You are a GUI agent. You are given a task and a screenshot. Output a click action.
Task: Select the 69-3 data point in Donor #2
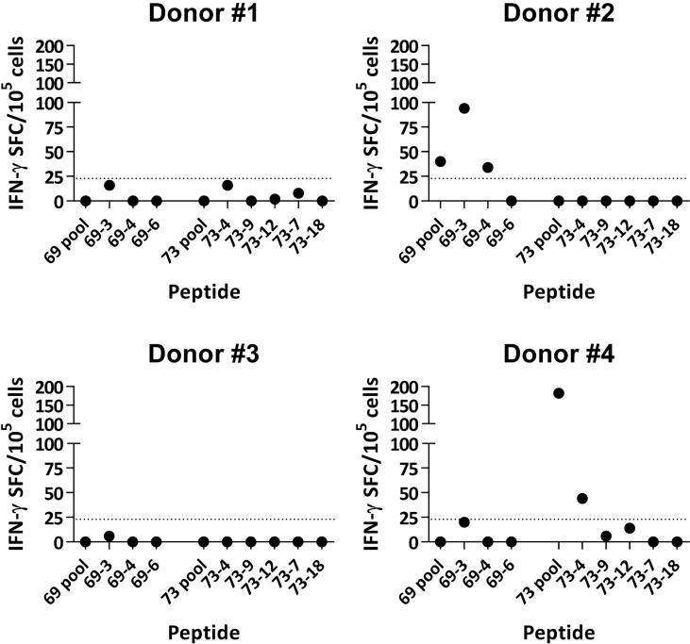point(463,108)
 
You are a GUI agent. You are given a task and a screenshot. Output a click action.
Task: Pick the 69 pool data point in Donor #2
point(440,161)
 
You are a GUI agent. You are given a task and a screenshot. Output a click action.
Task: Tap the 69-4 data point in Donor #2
point(487,168)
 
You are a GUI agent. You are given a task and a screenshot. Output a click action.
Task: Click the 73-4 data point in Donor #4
point(582,499)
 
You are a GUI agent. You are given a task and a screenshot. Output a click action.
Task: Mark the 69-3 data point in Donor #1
point(109,186)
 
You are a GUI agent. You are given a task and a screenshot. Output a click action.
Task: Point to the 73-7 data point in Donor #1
point(298,193)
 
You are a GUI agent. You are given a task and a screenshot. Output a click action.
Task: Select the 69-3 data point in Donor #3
point(109,537)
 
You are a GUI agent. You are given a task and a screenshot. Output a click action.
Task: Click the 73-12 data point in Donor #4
point(630,528)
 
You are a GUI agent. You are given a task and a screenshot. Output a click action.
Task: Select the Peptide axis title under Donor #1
point(203,291)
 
